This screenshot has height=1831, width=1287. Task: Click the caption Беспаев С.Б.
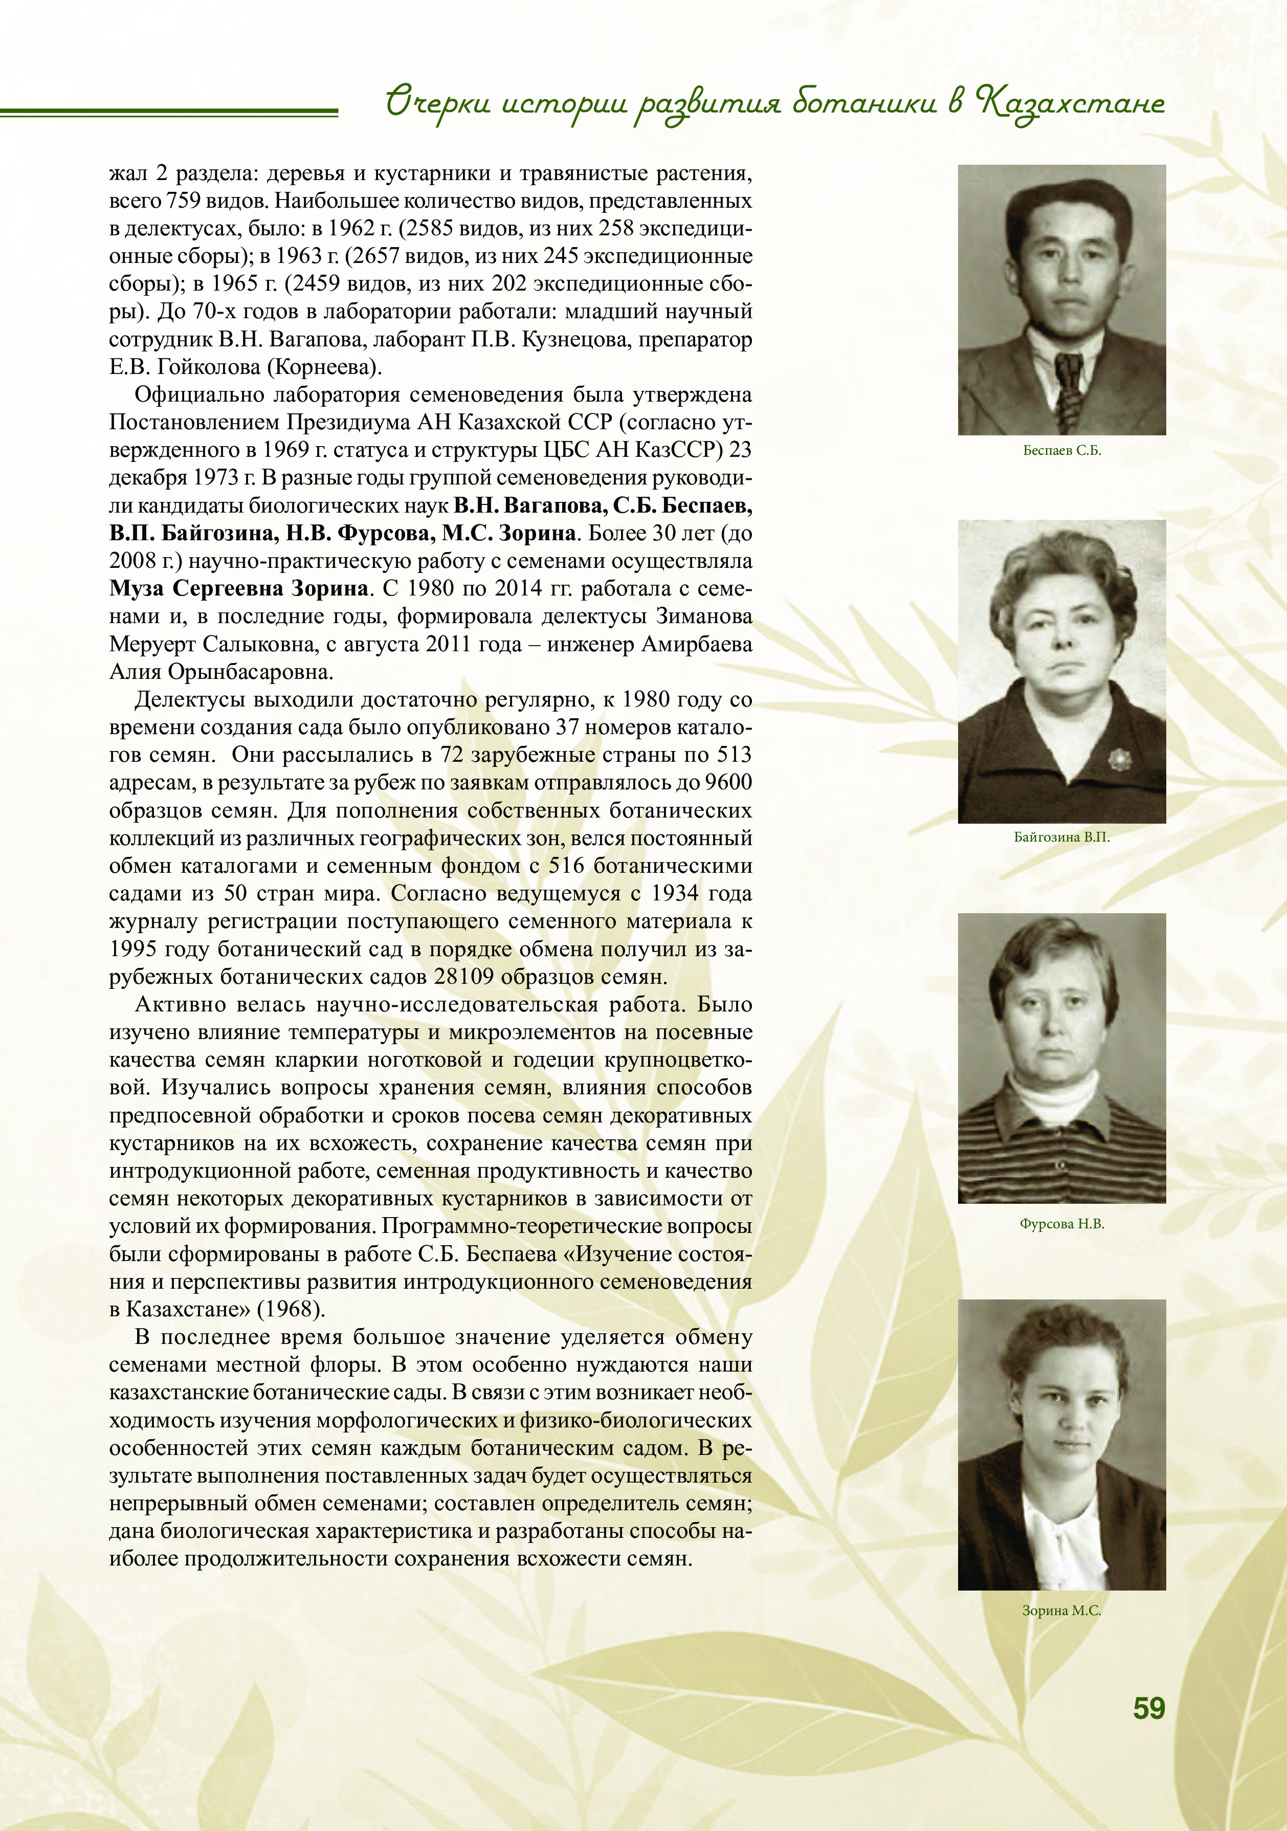click(1061, 451)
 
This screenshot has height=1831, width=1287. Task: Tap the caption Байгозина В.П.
click(1061, 837)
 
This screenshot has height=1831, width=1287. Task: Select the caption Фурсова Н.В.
click(1061, 1224)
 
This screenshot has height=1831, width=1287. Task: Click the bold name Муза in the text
click(137, 588)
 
